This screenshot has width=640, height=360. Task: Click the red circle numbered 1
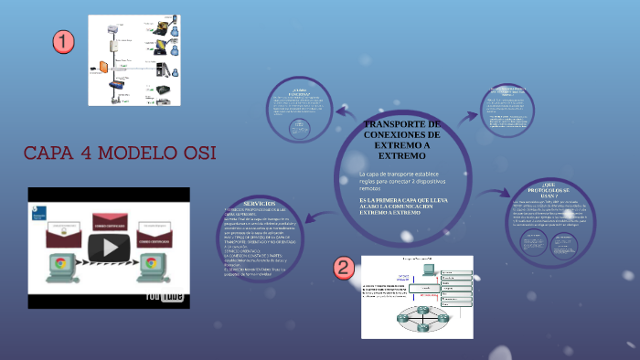63,41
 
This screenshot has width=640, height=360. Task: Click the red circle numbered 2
343,268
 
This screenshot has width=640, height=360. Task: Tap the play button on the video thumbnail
114,246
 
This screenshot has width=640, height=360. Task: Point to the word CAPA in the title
55,152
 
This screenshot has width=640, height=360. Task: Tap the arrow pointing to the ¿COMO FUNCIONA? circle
345,113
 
